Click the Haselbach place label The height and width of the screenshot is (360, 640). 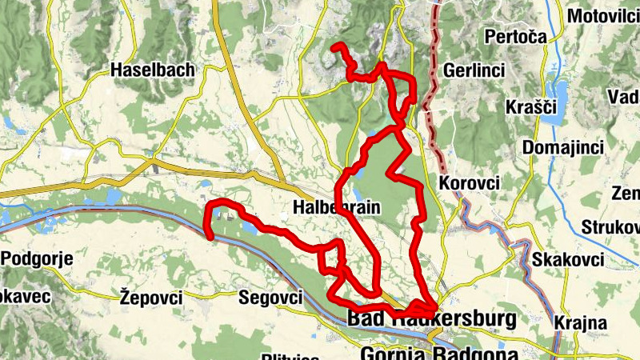[x=153, y=70]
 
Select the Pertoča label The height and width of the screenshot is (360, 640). [x=514, y=37]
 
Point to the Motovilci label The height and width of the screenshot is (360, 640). [x=601, y=16]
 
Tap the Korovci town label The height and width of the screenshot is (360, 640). [x=470, y=183]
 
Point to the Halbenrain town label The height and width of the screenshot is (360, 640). [x=336, y=207]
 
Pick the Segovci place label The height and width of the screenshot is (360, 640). [x=270, y=298]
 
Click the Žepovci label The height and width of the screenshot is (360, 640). [x=150, y=298]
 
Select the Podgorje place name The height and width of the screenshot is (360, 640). [x=38, y=258]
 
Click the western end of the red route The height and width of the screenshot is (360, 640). [x=210, y=236]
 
